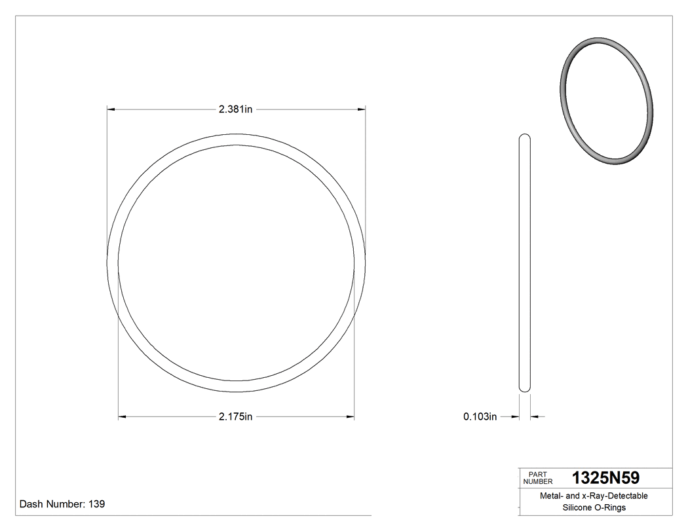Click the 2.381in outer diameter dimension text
click(235, 109)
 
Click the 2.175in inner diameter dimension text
click(235, 417)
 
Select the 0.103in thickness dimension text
click(480, 416)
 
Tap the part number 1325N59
click(605, 478)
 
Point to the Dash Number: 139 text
click(62, 504)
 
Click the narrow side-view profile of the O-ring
click(525, 262)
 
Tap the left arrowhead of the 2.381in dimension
click(111, 109)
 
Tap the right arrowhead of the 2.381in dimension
click(361, 109)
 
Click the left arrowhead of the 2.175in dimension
click(123, 417)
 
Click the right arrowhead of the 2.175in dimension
click(350, 417)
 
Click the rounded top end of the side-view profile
click(525, 137)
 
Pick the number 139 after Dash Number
click(96, 504)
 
